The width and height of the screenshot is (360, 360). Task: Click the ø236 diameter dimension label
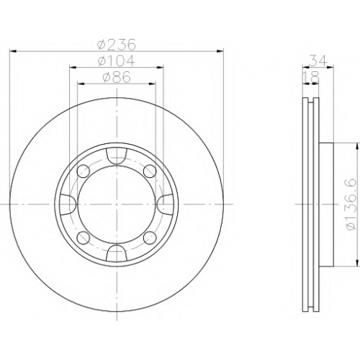117,45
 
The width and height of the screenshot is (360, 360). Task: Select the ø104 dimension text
117,60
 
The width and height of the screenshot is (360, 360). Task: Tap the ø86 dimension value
117,77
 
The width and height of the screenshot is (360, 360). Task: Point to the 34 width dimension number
318,60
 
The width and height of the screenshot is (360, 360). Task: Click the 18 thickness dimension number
311,77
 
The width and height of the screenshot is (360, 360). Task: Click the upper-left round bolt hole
84,171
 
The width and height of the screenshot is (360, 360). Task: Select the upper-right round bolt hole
150,171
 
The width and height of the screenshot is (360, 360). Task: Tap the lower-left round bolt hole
84,238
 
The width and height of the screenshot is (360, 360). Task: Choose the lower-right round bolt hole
150,238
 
